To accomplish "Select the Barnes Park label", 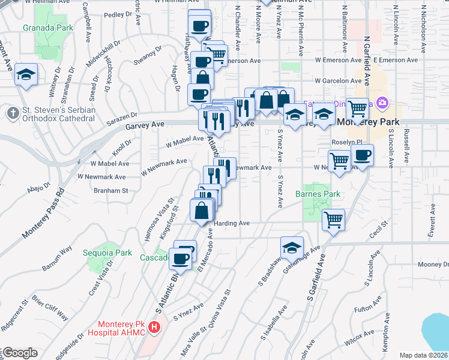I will tap(318, 194).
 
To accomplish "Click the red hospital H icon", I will tap(155, 327).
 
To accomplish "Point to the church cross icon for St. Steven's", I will tap(12, 112).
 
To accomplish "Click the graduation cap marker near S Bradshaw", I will tap(291, 247).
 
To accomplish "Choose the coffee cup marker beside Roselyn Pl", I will tap(362, 155).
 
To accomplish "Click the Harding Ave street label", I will tap(231, 223).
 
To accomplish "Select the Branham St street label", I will tap(111, 190).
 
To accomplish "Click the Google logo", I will tap(19, 353).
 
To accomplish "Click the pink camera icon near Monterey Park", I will tap(380, 103).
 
